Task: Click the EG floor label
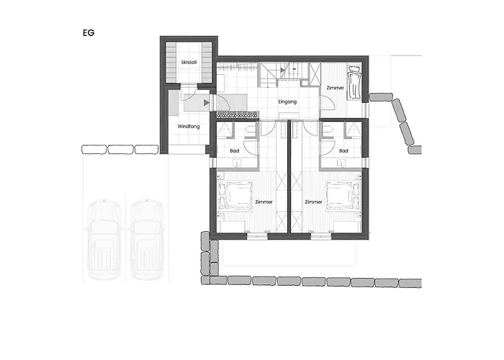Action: (89, 33)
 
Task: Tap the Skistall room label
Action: (189, 63)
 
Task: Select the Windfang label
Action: (189, 127)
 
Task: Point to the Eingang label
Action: (287, 102)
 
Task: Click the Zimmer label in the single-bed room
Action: (336, 88)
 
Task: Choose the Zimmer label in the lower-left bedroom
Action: (264, 202)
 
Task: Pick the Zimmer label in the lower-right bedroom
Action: (314, 202)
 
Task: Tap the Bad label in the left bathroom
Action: (235, 150)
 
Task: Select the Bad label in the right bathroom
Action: (343, 150)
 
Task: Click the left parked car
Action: (104, 240)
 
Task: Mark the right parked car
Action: (147, 240)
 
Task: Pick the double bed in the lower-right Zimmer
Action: (343, 197)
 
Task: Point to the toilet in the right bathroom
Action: (327, 131)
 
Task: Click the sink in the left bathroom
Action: (237, 163)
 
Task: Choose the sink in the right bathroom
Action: (341, 163)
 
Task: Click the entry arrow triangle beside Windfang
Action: (207, 103)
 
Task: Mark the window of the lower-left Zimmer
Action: (257, 237)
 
